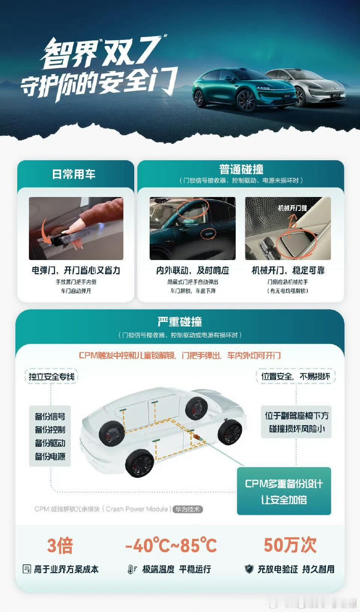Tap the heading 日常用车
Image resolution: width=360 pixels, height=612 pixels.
[x=74, y=174]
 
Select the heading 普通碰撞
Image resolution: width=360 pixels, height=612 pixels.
[x=241, y=169]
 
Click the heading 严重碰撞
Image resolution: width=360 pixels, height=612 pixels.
[x=180, y=322]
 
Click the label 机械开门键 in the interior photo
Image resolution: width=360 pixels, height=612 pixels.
[x=292, y=208]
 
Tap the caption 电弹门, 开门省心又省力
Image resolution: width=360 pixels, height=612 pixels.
[x=76, y=271]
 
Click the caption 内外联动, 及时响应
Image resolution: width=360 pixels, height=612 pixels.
[x=193, y=271]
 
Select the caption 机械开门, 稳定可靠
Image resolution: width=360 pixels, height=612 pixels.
[x=288, y=271]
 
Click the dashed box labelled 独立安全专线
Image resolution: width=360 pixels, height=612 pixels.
[x=51, y=377]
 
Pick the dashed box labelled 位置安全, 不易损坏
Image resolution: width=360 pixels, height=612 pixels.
[x=295, y=376]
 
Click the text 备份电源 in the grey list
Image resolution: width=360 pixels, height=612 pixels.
[x=50, y=456]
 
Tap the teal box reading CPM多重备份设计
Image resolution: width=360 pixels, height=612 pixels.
[x=284, y=491]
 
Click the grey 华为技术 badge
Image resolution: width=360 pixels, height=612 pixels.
[x=187, y=509]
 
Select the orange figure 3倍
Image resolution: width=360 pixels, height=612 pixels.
[x=60, y=546]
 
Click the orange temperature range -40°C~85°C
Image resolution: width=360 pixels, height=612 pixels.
[x=171, y=545]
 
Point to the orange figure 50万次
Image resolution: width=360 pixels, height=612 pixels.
[x=290, y=545]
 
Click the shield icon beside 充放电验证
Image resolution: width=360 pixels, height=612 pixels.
[x=249, y=569]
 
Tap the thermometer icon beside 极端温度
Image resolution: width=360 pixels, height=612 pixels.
[x=132, y=569]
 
